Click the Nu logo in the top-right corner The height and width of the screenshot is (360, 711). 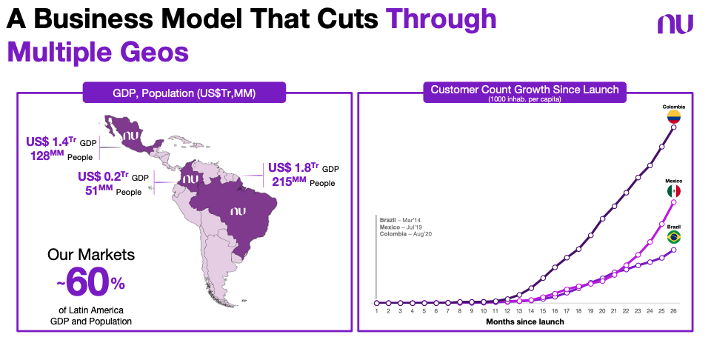point(675,24)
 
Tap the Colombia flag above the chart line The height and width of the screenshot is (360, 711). point(674,116)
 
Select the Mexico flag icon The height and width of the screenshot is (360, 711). point(673,191)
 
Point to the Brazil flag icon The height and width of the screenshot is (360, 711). point(673,237)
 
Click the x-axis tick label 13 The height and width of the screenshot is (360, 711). point(518,312)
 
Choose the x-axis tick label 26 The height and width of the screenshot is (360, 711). point(672,312)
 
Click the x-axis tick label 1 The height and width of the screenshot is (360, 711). point(377,312)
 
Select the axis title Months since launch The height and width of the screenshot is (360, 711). point(524,322)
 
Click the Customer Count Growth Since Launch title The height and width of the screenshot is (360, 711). point(524,90)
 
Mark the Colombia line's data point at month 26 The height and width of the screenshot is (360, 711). point(673,127)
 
